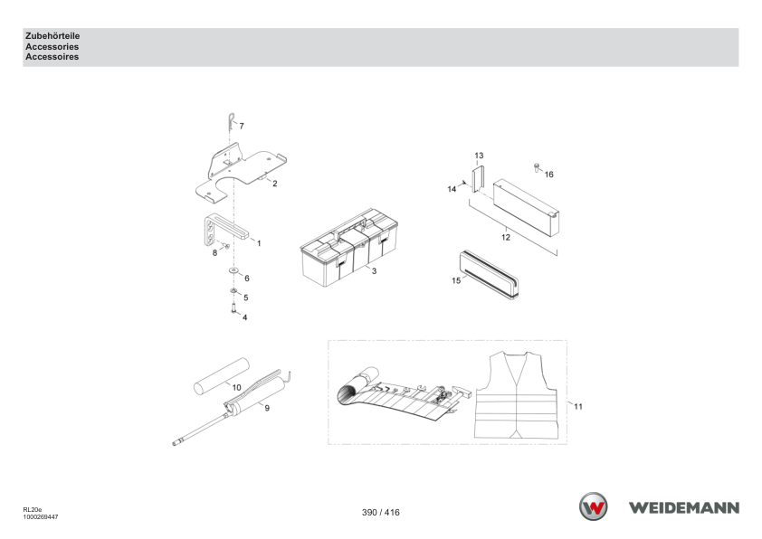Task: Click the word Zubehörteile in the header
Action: click(x=52, y=36)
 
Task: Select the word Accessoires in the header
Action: click(x=52, y=57)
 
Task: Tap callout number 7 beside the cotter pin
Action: click(x=242, y=127)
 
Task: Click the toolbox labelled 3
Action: click(x=349, y=247)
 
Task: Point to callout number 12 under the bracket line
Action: click(x=506, y=238)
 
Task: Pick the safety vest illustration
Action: click(x=516, y=395)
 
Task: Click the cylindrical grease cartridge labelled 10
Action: click(x=221, y=376)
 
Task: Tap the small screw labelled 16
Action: click(x=537, y=167)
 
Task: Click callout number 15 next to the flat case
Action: click(x=456, y=280)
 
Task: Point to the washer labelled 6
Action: click(x=234, y=270)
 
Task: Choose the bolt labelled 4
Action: click(x=234, y=307)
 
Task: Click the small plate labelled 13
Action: click(x=478, y=179)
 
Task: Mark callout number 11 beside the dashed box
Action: click(x=577, y=406)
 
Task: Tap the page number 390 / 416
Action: click(x=380, y=512)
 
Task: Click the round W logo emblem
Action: click(x=593, y=506)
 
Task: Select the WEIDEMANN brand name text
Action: click(x=684, y=508)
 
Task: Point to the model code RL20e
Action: click(x=32, y=510)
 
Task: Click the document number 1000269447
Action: click(x=41, y=517)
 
